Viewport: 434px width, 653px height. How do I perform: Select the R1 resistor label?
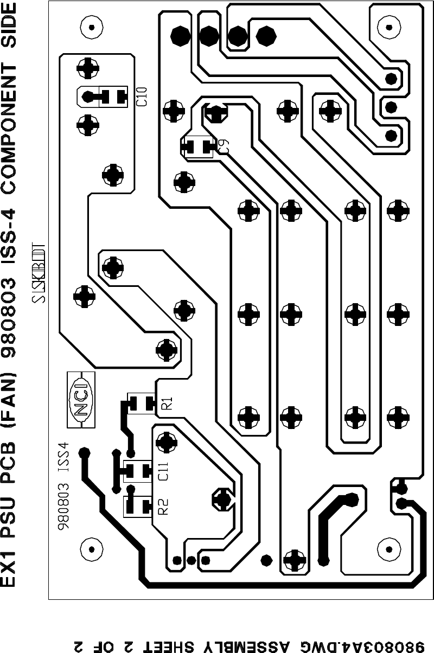coord(167,404)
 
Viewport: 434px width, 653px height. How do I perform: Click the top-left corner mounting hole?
coord(92,25)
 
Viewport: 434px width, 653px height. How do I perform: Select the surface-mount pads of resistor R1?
coord(141,404)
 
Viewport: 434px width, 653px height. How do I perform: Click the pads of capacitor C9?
coord(197,146)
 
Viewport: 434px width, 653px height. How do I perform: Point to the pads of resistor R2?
coord(137,507)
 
